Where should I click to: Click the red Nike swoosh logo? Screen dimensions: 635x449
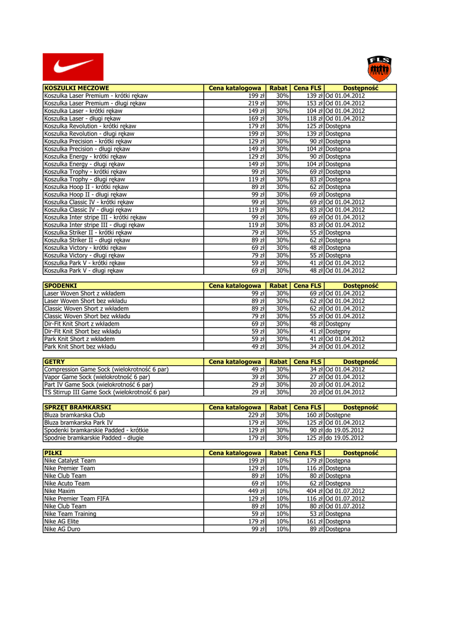(73, 66)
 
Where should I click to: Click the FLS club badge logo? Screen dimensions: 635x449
(379, 68)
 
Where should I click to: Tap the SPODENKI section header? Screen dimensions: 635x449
(60, 285)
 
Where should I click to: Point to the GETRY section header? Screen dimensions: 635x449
(54, 362)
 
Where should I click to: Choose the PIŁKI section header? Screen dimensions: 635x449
(53, 453)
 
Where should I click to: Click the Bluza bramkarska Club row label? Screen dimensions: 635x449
(74, 415)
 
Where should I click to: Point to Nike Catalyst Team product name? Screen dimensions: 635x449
(70, 461)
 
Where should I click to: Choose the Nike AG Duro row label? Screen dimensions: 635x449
(62, 529)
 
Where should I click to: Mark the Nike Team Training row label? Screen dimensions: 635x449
(70, 514)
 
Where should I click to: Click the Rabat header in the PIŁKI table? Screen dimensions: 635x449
(279, 453)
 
